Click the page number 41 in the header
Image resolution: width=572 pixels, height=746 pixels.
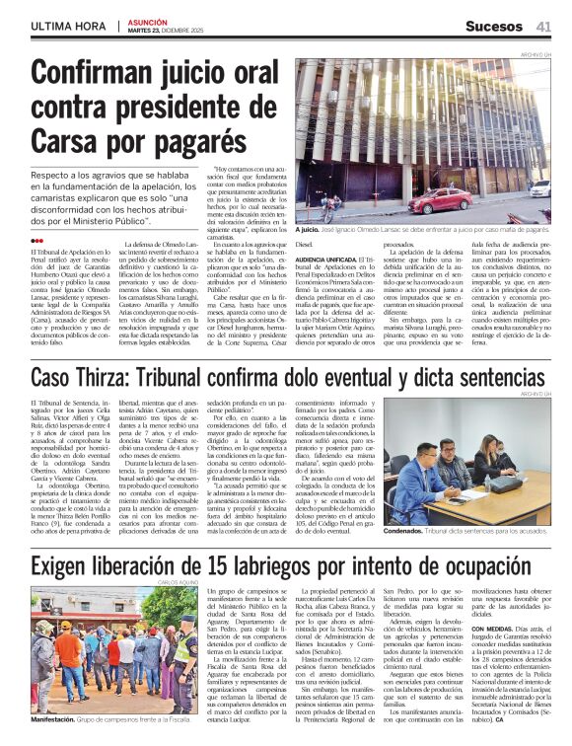(x=543, y=27)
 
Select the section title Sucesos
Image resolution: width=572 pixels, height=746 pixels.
(x=493, y=27)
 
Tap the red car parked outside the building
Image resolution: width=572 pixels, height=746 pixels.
(x=442, y=201)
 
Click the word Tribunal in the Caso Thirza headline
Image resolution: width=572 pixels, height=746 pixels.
(x=230, y=379)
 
